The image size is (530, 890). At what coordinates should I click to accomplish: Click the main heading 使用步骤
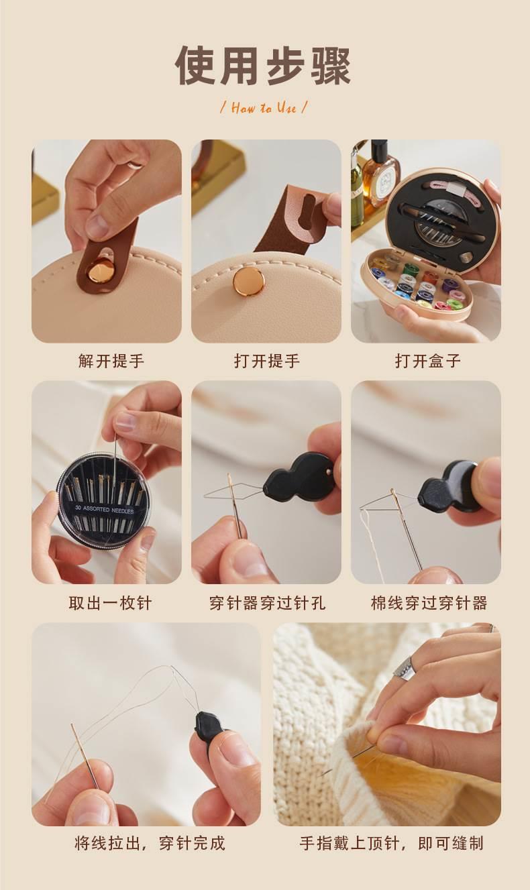[x=263, y=66]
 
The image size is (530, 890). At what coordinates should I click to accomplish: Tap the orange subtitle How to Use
[x=264, y=108]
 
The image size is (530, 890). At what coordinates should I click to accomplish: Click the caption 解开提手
[x=111, y=361]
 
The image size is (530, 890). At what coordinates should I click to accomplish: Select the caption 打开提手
[x=267, y=361]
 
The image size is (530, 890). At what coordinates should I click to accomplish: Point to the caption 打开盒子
[x=428, y=361]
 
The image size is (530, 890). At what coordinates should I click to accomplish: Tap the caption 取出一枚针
[x=110, y=603]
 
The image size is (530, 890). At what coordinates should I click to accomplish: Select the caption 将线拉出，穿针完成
[x=150, y=843]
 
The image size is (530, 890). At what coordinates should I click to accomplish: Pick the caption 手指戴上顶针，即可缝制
[x=391, y=843]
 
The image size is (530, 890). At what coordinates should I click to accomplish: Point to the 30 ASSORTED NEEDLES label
[x=105, y=509]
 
